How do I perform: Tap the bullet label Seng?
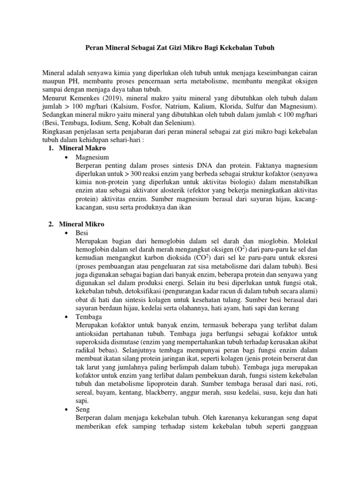(82, 409)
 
